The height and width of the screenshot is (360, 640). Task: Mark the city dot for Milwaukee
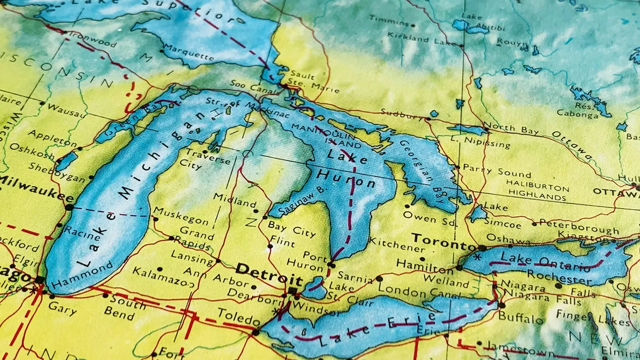click(x=69, y=206)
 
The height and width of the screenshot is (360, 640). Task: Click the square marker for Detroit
click(x=292, y=291)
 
